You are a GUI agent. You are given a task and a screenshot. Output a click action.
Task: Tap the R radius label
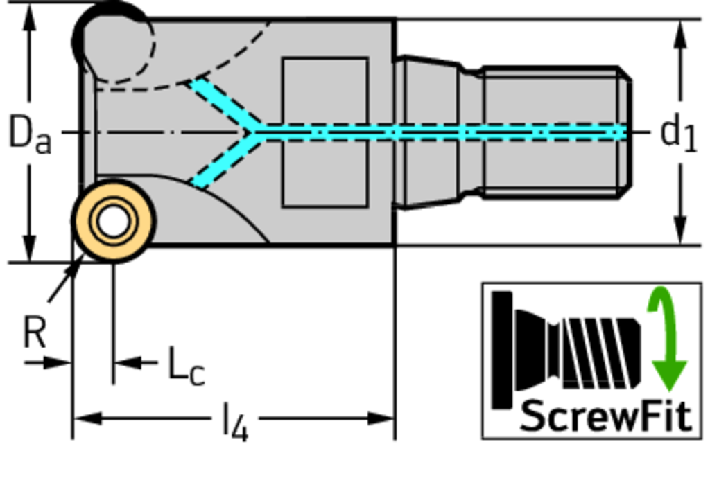34,333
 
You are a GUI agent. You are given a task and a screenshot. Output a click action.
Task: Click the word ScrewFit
605,416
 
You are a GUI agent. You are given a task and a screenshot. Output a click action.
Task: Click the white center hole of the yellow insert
113,221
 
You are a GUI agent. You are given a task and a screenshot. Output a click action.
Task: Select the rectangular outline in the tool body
324,132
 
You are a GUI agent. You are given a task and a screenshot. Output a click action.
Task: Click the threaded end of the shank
555,132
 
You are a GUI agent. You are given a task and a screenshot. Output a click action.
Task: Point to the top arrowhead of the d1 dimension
681,33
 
